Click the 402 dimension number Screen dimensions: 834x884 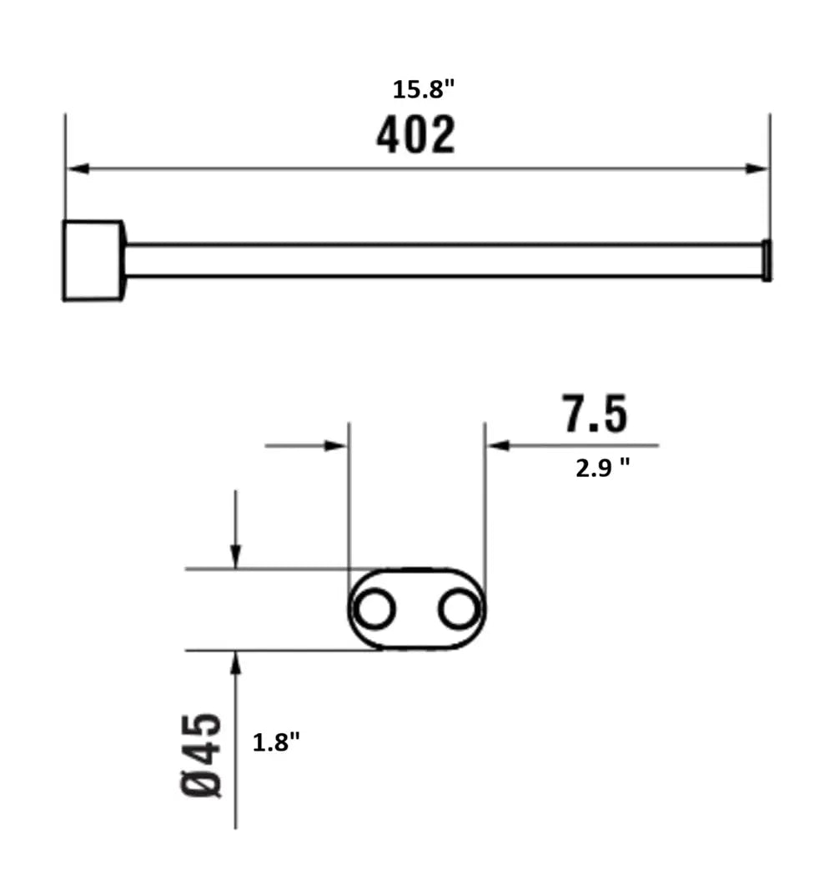[x=415, y=134]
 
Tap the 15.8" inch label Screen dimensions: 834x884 [x=423, y=89]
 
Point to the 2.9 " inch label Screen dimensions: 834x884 [x=602, y=468]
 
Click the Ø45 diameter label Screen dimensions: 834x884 [x=202, y=756]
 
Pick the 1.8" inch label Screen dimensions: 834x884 [x=276, y=742]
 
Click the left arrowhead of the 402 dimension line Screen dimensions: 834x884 [x=78, y=168]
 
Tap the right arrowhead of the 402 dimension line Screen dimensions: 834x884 [x=756, y=168]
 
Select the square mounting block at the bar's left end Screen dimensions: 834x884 [x=93, y=260]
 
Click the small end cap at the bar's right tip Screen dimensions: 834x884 [x=767, y=260]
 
